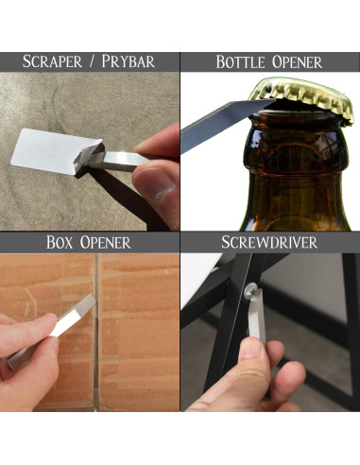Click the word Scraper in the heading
(x=52, y=61)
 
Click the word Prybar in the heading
(x=128, y=61)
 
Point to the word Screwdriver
(x=269, y=242)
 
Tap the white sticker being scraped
(x=54, y=151)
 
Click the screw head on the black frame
(x=251, y=288)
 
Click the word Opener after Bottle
(x=298, y=62)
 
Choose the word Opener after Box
(x=105, y=243)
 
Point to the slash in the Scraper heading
(x=92, y=61)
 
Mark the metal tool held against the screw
(x=257, y=315)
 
